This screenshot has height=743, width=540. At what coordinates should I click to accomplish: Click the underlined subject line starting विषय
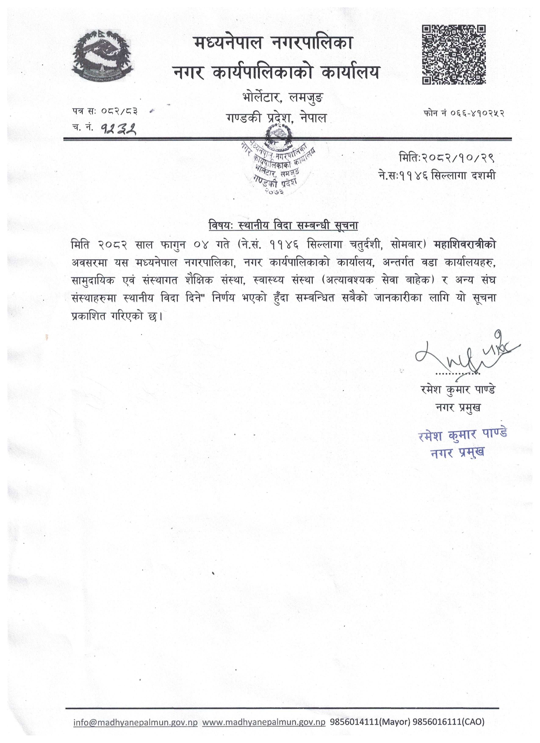pos(283,226)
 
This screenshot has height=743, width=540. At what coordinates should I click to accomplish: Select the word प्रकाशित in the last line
pos(89,317)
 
